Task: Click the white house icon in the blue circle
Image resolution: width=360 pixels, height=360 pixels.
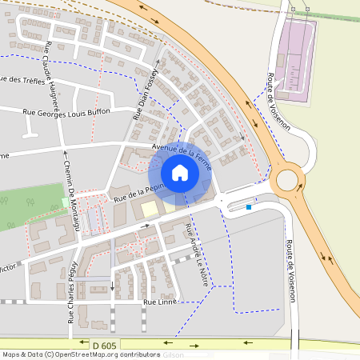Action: click(180, 172)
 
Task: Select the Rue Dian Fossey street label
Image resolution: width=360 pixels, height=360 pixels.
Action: click(146, 94)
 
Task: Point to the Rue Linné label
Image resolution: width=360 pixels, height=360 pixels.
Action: click(159, 302)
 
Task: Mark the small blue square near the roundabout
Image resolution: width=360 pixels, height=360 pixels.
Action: click(249, 208)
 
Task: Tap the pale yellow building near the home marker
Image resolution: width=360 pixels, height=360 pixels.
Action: click(149, 210)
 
